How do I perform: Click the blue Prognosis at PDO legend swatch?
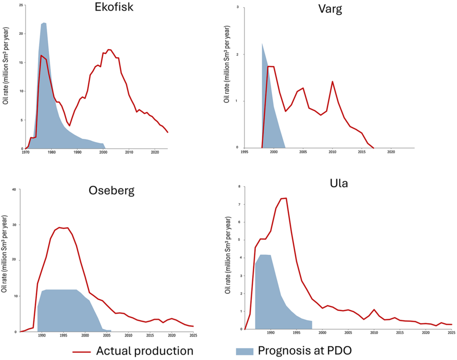tap(244, 351)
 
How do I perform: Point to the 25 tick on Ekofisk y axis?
tap(21, 5)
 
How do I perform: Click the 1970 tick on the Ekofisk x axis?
tap(26, 152)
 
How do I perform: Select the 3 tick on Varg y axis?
tap(238, 8)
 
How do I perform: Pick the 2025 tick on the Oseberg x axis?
tap(193, 336)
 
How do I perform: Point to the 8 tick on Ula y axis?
tap(239, 186)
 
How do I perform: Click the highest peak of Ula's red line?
tap(286, 198)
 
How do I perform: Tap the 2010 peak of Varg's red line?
tap(332, 81)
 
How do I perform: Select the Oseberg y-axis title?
tap(4, 260)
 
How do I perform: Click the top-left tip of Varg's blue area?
tap(262, 44)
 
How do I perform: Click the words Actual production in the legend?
tap(144, 351)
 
